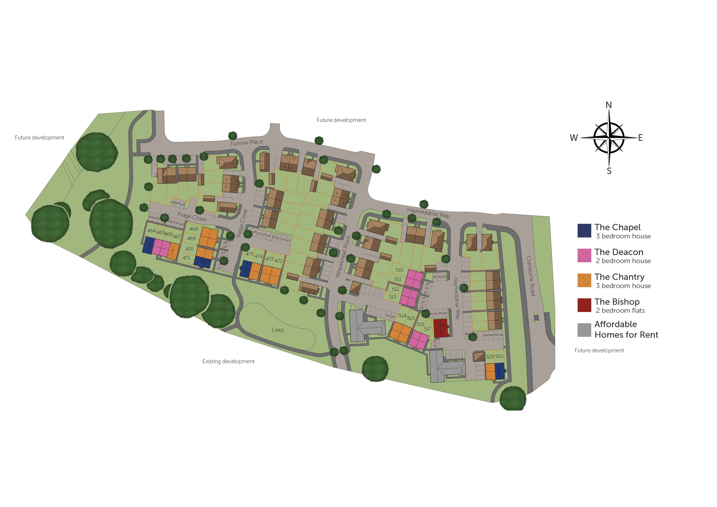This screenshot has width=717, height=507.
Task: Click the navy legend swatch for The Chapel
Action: (x=584, y=231)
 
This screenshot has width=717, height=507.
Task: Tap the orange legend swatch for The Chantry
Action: (x=584, y=280)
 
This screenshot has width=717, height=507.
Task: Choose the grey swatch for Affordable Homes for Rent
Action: (x=584, y=330)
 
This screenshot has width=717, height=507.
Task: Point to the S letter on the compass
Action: (x=609, y=171)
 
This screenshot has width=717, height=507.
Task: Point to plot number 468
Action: (x=193, y=229)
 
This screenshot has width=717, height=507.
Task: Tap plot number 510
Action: (x=399, y=270)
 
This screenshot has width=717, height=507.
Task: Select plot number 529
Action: (x=489, y=356)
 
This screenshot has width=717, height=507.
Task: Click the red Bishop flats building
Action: (x=441, y=328)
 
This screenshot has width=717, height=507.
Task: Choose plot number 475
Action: (x=249, y=254)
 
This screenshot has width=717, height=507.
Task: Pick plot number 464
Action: (x=151, y=231)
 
